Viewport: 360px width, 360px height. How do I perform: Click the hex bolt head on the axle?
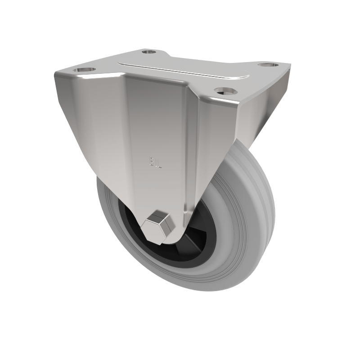tap(157, 225)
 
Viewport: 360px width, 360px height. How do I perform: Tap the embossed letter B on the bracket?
tap(152, 162)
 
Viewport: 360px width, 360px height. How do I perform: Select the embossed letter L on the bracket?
tap(159, 162)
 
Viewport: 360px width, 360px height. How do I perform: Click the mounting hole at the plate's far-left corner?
tap(85, 70)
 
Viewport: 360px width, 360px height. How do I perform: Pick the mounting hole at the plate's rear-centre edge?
tap(148, 52)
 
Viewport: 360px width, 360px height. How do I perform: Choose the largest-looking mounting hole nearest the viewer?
tap(226, 91)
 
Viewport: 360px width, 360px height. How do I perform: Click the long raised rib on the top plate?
tap(184, 71)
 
